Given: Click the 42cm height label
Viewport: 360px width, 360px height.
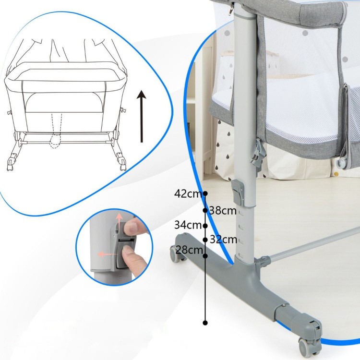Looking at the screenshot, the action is [x=188, y=194].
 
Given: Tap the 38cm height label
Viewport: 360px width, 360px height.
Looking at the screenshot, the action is [x=223, y=211].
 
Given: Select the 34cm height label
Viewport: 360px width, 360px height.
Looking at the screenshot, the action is [x=188, y=225].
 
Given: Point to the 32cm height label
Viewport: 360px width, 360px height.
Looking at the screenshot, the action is [x=223, y=240].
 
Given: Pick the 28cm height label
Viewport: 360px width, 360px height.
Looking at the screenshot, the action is [x=189, y=250].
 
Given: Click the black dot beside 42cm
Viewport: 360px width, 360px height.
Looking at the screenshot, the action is [x=205, y=193].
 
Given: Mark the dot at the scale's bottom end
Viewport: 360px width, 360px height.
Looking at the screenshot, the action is [x=205, y=323].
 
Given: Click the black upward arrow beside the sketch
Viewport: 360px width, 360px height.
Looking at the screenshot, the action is [x=142, y=116].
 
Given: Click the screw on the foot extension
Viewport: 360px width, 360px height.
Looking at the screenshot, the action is [x=284, y=305].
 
